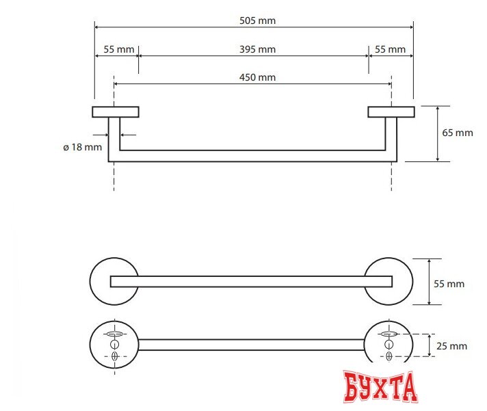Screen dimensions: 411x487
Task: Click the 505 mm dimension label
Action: tap(257, 21)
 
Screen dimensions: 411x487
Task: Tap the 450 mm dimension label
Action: tap(257, 77)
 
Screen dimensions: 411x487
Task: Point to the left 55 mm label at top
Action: tap(118, 49)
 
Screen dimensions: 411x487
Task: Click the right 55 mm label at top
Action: tap(390, 49)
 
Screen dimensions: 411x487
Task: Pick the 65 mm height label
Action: tap(458, 133)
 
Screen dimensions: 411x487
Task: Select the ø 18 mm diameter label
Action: tap(81, 146)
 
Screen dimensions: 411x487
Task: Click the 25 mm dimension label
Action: tap(452, 346)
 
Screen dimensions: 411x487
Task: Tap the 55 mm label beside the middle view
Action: tap(449, 283)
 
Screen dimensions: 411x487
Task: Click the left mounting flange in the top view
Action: tap(116, 111)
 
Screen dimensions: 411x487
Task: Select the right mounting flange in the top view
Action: tap(391, 111)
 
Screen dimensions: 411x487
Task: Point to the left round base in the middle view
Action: tap(100, 281)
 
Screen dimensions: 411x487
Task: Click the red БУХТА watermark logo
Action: tap(380, 386)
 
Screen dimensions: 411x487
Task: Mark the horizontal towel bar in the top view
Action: tap(253, 156)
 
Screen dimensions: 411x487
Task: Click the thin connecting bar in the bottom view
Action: tap(251, 344)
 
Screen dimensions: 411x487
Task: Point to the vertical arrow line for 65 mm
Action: tap(438, 133)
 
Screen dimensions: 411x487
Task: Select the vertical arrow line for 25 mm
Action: tap(429, 345)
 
